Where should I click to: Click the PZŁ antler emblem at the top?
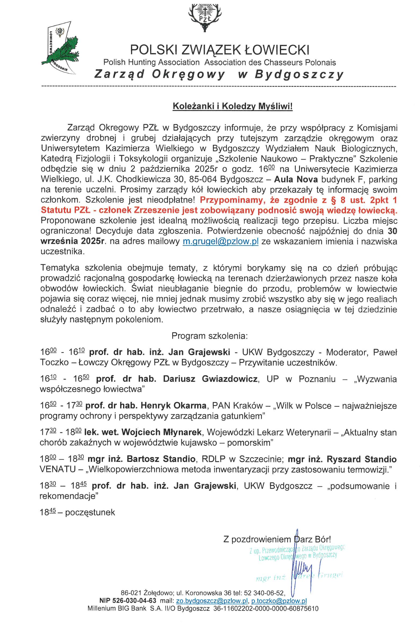[205, 17]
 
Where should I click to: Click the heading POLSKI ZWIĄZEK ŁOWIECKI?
[219, 50]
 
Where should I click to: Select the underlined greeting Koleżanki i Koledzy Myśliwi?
[233, 106]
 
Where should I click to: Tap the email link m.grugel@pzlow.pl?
[220, 242]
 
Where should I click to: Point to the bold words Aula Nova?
[296, 179]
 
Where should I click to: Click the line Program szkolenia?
[210, 336]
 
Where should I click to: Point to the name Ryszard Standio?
[362, 459]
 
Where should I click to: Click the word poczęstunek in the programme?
[90, 512]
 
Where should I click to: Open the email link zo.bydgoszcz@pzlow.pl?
[212, 601]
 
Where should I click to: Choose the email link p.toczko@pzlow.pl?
[279, 601]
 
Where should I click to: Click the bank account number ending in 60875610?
[266, 608]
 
